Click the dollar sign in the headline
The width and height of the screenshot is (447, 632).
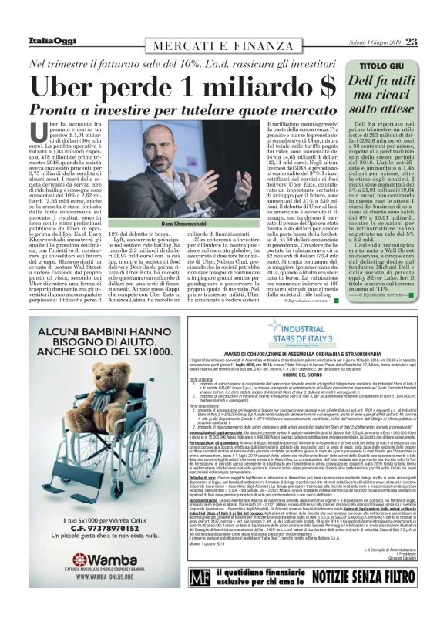328,83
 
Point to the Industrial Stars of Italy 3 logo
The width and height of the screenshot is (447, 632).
310,330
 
